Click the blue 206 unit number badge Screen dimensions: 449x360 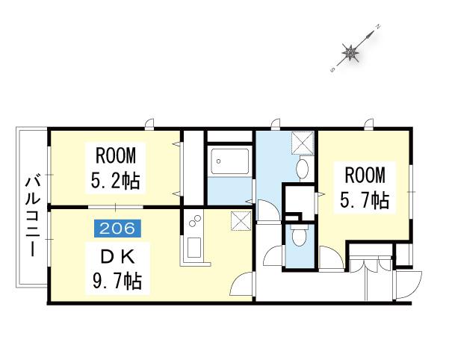(117, 229)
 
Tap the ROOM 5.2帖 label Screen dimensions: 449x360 (116, 168)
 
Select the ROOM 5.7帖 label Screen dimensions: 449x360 (365, 187)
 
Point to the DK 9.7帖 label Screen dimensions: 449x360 (117, 270)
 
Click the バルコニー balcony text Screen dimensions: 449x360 (32, 217)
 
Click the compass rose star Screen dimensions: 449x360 (350, 52)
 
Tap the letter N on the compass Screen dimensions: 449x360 (378, 27)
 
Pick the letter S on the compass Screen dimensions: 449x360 (332, 69)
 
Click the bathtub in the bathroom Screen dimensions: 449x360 (229, 161)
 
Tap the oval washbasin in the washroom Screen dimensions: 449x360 (302, 168)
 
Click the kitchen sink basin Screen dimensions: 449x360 (193, 247)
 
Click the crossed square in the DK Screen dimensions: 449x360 (241, 220)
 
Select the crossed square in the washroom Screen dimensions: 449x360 (303, 143)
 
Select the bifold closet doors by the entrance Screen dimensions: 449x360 (370, 264)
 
